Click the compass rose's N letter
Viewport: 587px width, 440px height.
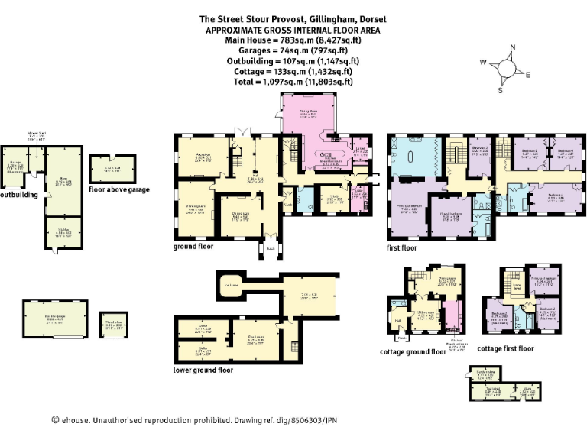[x=512, y=47]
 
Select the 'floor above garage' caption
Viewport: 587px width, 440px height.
[x=118, y=188]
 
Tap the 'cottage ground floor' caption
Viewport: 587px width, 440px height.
[x=413, y=352]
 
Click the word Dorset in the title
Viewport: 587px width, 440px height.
[x=366, y=18]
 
